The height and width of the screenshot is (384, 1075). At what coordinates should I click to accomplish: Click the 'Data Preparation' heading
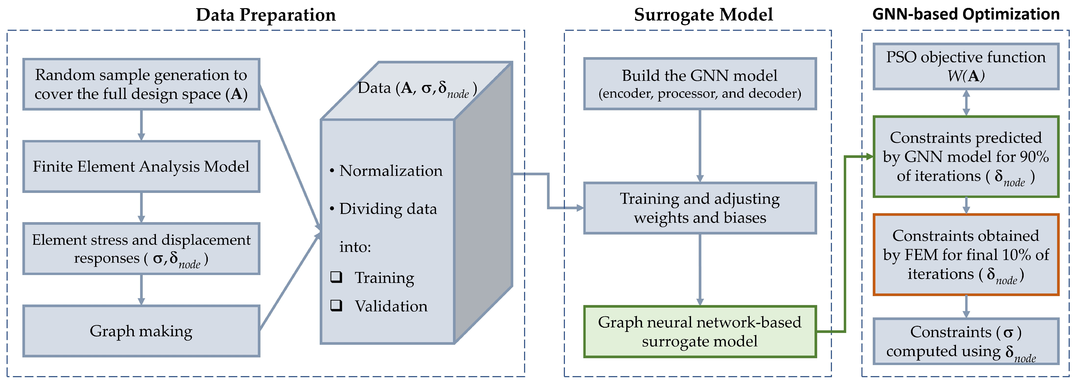click(x=266, y=15)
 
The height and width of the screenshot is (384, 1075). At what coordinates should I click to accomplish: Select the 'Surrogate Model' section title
click(x=703, y=15)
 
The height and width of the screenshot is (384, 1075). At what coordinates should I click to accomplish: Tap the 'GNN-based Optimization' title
click(x=966, y=14)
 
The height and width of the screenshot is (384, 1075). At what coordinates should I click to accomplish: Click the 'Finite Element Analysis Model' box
click(x=141, y=166)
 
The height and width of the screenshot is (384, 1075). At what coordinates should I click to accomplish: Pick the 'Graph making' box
click(x=141, y=331)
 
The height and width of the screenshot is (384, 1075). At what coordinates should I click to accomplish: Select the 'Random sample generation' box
click(x=141, y=84)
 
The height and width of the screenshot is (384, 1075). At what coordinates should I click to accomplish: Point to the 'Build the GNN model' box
click(x=699, y=84)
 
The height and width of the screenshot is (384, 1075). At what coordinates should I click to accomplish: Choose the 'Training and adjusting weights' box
click(x=699, y=208)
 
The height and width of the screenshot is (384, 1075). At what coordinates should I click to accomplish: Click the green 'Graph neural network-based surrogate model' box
click(x=699, y=331)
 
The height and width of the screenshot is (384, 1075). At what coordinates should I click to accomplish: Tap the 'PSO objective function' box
click(x=966, y=66)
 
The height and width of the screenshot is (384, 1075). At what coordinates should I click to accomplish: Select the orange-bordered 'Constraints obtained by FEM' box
click(x=966, y=254)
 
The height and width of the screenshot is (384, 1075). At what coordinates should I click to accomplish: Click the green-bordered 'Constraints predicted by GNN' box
click(x=966, y=157)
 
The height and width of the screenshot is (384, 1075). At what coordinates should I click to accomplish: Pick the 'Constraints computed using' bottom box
click(x=966, y=341)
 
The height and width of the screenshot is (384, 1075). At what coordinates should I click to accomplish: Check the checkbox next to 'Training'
click(x=336, y=277)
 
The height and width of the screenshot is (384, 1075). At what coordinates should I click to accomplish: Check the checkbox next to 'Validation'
click(x=336, y=306)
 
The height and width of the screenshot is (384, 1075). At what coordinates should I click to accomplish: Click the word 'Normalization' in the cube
click(x=391, y=171)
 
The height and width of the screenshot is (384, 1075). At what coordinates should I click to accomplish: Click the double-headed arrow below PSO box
click(x=966, y=103)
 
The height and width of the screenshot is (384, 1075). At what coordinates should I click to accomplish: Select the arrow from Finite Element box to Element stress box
click(x=141, y=207)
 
